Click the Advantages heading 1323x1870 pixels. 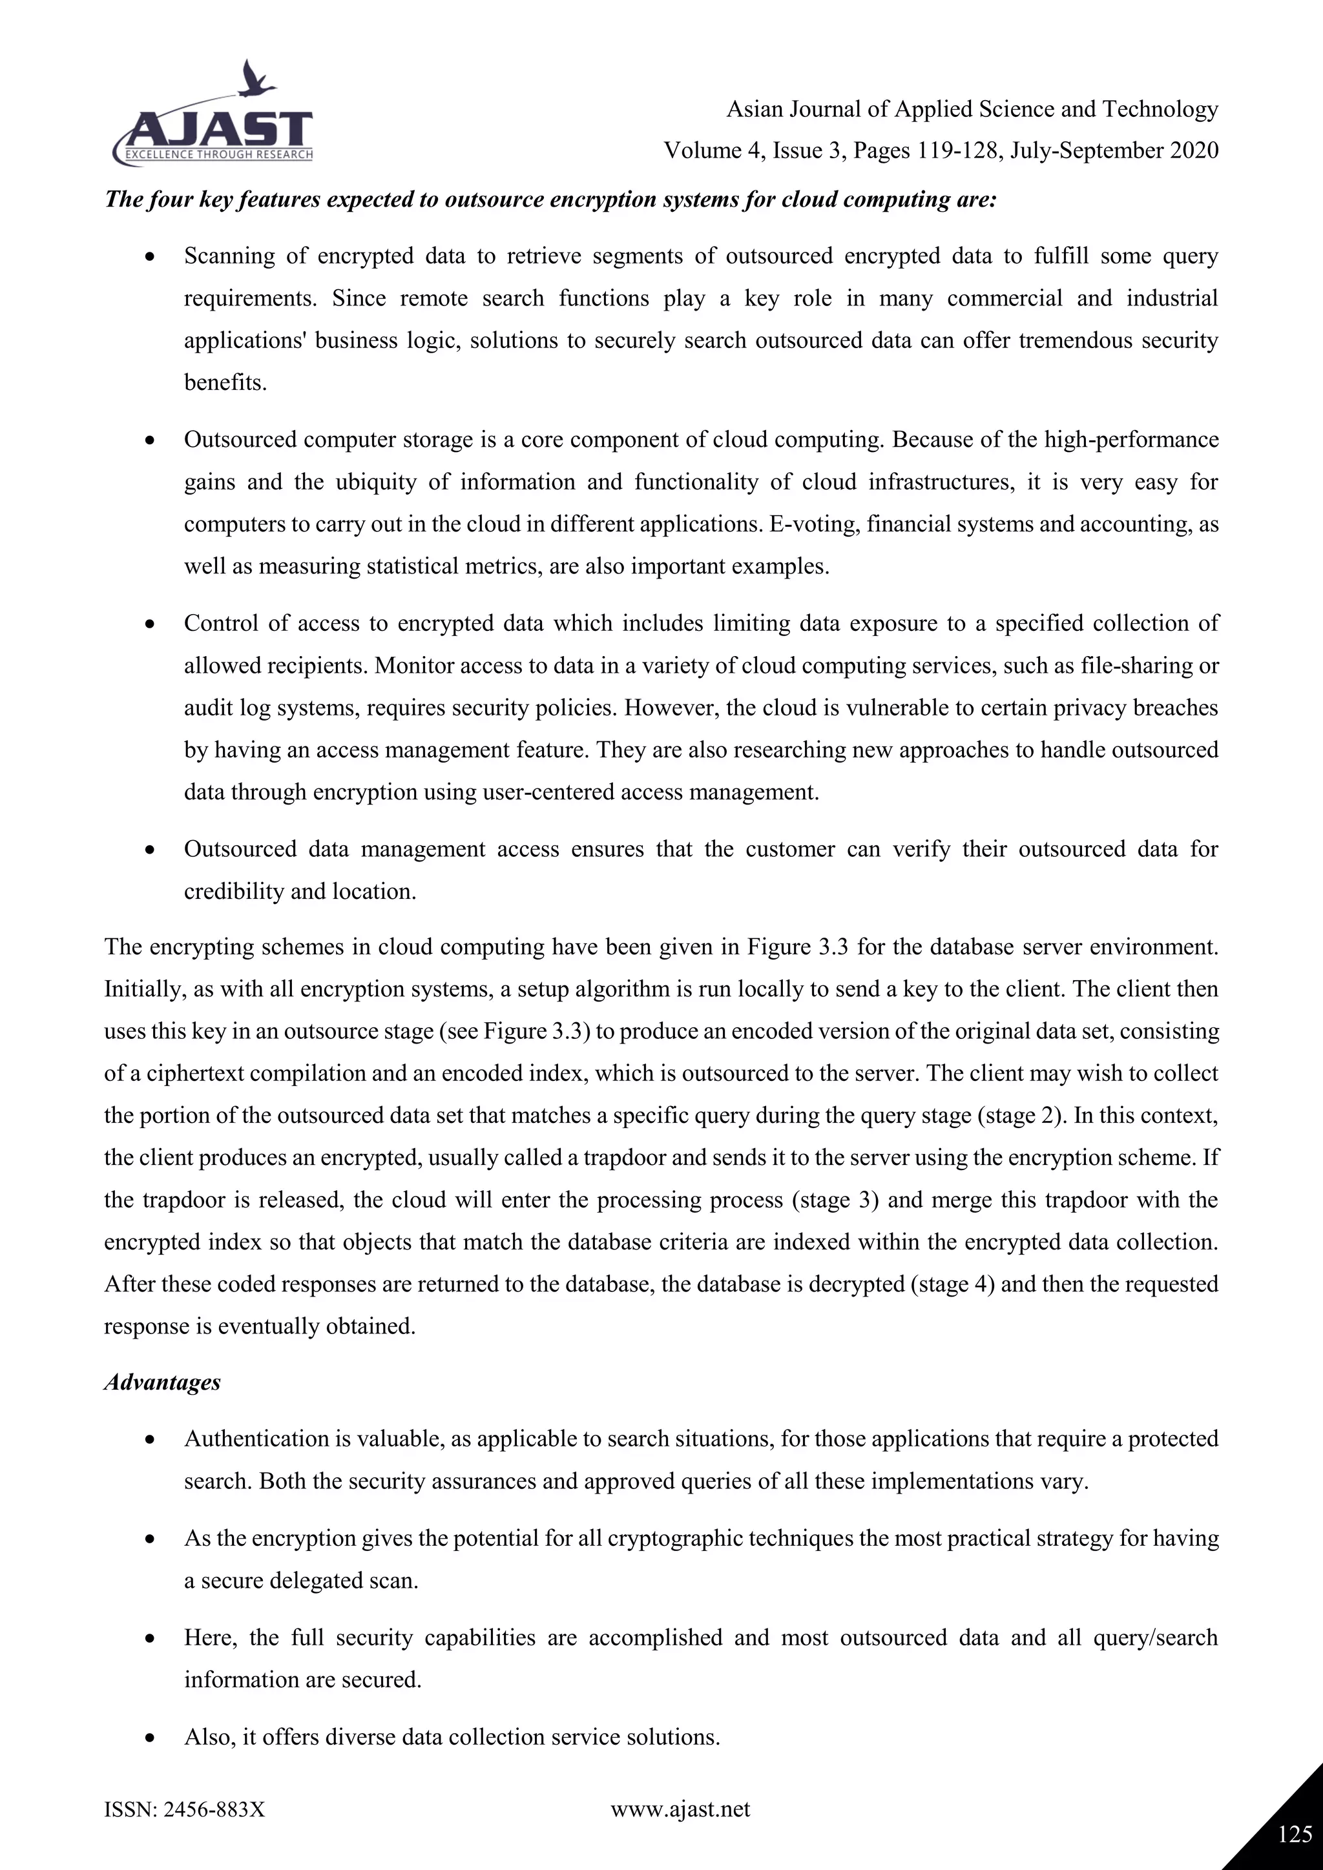[x=162, y=1382]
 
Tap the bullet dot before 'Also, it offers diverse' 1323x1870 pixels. [x=149, y=1738]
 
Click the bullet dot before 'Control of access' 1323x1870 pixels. [x=149, y=624]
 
